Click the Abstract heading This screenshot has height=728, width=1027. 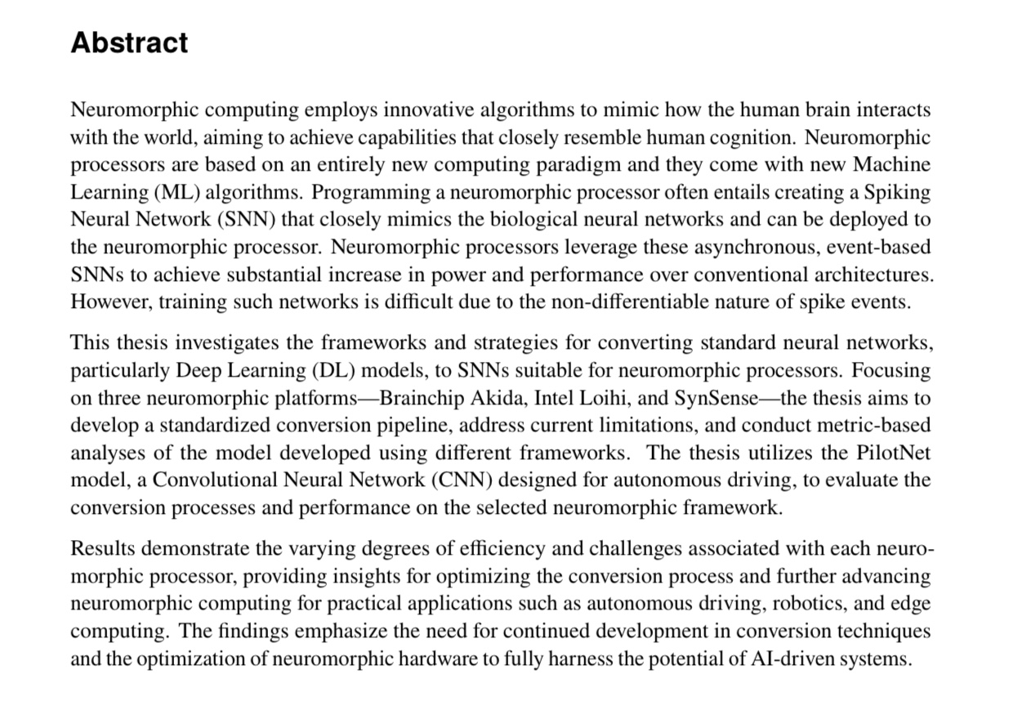coord(129,42)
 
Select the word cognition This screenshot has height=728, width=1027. coord(748,137)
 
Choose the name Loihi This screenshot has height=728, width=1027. coord(601,398)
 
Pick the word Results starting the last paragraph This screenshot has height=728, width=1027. coord(103,548)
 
